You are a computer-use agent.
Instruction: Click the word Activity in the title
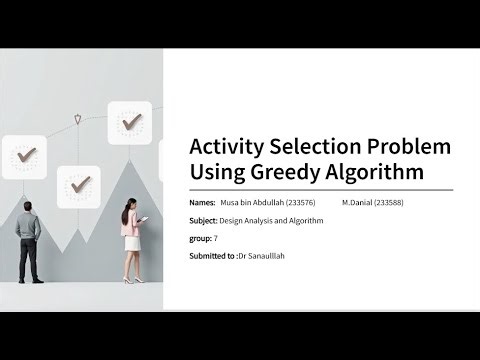pyautogui.click(x=229, y=147)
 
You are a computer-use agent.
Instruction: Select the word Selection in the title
pyautogui.click(x=319, y=147)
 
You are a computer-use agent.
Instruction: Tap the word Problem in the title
pyautogui.click(x=410, y=147)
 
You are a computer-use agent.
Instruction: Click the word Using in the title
pyautogui.click(x=220, y=172)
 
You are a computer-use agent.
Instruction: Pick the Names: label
pyautogui.click(x=201, y=202)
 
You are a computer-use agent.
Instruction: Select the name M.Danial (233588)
pyautogui.click(x=372, y=202)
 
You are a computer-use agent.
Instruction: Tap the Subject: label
pyautogui.click(x=204, y=220)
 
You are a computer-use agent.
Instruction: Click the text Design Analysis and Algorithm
pyautogui.click(x=273, y=220)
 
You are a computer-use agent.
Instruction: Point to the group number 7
pyautogui.click(x=215, y=238)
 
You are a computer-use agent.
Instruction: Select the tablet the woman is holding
pyautogui.click(x=144, y=220)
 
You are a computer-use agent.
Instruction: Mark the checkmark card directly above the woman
pyautogui.click(x=130, y=123)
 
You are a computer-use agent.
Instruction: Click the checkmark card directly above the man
pyautogui.click(x=27, y=156)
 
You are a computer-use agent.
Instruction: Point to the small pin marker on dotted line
pyautogui.click(x=78, y=120)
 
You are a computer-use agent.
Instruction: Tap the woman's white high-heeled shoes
pyautogui.click(x=130, y=279)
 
